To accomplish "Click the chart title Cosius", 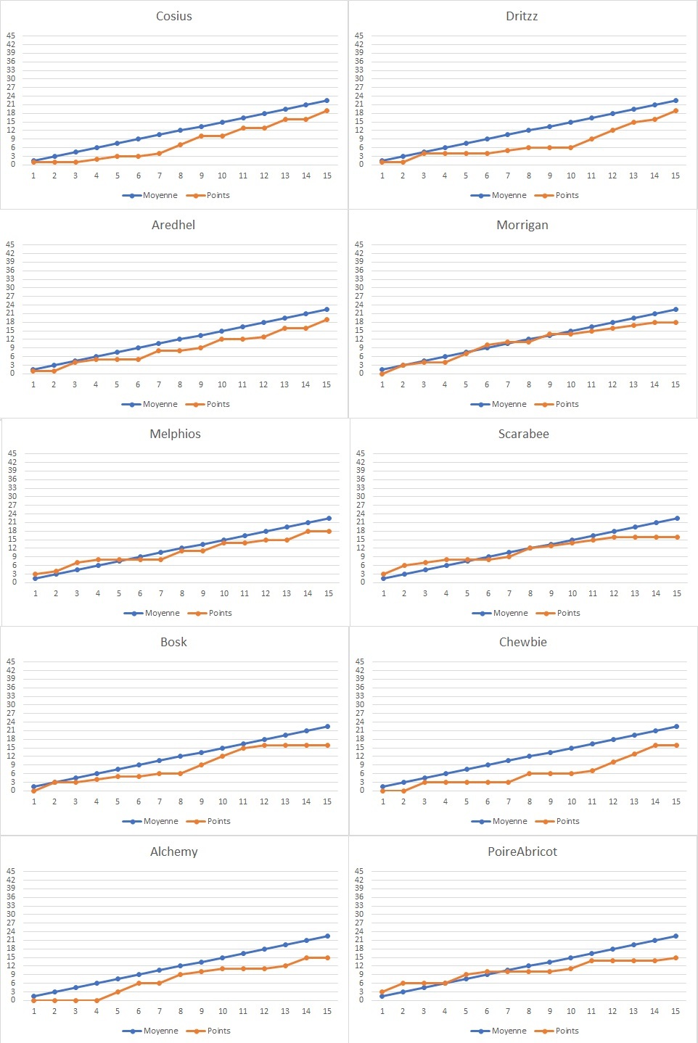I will pos(174,16).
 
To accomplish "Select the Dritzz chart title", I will pos(522,16).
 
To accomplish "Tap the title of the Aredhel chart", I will pos(173,225).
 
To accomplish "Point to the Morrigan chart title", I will pos(522,225).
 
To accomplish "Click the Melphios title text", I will pos(175,434).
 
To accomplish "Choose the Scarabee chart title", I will pos(523,434).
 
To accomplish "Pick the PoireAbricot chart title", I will pos(522,852).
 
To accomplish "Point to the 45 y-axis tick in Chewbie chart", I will pos(359,661).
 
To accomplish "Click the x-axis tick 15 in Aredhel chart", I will pos(327,384).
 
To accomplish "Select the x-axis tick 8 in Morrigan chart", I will pos(529,384).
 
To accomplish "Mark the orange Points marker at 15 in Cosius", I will pos(327,110).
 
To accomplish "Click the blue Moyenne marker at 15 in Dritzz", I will pos(676,101).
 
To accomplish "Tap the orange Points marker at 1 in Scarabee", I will pos(384,574).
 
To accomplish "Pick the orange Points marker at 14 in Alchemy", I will pos(306,957).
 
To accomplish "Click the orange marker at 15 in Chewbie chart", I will pos(676,745).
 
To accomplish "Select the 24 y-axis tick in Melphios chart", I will pos(12,514).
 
